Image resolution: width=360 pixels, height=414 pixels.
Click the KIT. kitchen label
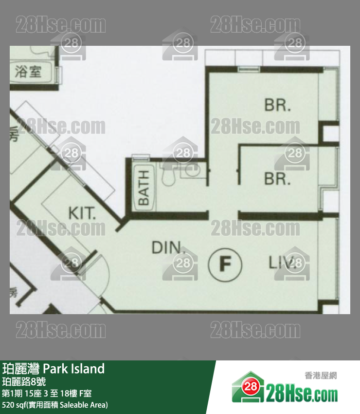click(82, 213)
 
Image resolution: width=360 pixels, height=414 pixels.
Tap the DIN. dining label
click(168, 248)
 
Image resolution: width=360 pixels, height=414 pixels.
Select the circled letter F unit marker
click(225, 264)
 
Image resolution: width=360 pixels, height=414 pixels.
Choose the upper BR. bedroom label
click(278, 105)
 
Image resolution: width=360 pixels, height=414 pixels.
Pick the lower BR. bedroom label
click(277, 179)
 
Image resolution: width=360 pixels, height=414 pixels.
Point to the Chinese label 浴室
click(28, 72)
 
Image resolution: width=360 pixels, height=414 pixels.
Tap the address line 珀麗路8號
click(24, 381)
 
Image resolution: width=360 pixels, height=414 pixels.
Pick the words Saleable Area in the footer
click(85, 404)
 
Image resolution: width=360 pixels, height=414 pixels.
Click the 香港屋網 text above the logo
click(321, 375)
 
